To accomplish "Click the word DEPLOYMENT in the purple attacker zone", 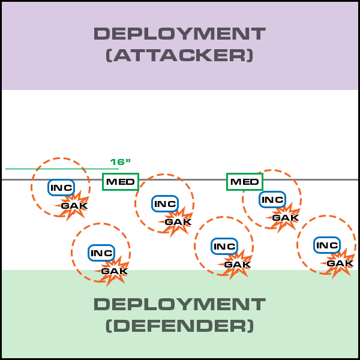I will click(179, 34).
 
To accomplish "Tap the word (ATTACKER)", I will click(179, 56).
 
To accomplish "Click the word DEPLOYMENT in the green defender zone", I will click(179, 304).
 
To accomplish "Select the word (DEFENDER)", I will click(179, 326).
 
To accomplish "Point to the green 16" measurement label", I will click(120, 162).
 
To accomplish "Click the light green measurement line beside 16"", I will click(54, 169).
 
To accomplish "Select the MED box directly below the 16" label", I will click(120, 181).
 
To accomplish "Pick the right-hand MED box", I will click(245, 181).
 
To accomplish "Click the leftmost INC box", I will click(61, 187).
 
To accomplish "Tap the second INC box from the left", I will click(101, 253).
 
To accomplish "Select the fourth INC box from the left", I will click(224, 246).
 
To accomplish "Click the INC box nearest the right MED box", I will click(272, 199).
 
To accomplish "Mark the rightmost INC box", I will click(327, 245).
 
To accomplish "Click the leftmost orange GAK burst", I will click(74, 205).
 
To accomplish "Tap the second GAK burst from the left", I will click(114, 271).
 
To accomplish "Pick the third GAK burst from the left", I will click(178, 221).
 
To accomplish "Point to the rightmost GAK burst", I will click(340, 263).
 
